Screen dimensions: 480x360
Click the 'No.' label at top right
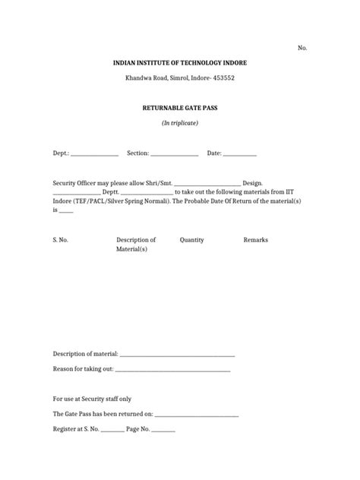coord(302,47)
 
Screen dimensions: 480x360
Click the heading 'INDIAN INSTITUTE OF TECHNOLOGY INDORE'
coord(181,62)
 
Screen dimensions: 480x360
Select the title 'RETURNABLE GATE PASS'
coord(180,109)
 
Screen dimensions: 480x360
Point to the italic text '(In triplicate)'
coord(180,123)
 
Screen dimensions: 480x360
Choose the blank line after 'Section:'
coord(174,154)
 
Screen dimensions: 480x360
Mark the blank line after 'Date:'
coord(240,154)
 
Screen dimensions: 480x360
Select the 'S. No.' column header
coord(61,240)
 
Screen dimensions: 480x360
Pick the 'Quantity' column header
coord(191,240)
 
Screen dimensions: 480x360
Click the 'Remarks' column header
coord(255,240)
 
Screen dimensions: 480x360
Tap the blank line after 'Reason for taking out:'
coord(172,371)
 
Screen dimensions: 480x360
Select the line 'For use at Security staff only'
coord(92,399)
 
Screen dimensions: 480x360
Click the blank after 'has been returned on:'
coord(197,415)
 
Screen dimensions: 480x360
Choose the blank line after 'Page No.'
coord(163,431)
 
